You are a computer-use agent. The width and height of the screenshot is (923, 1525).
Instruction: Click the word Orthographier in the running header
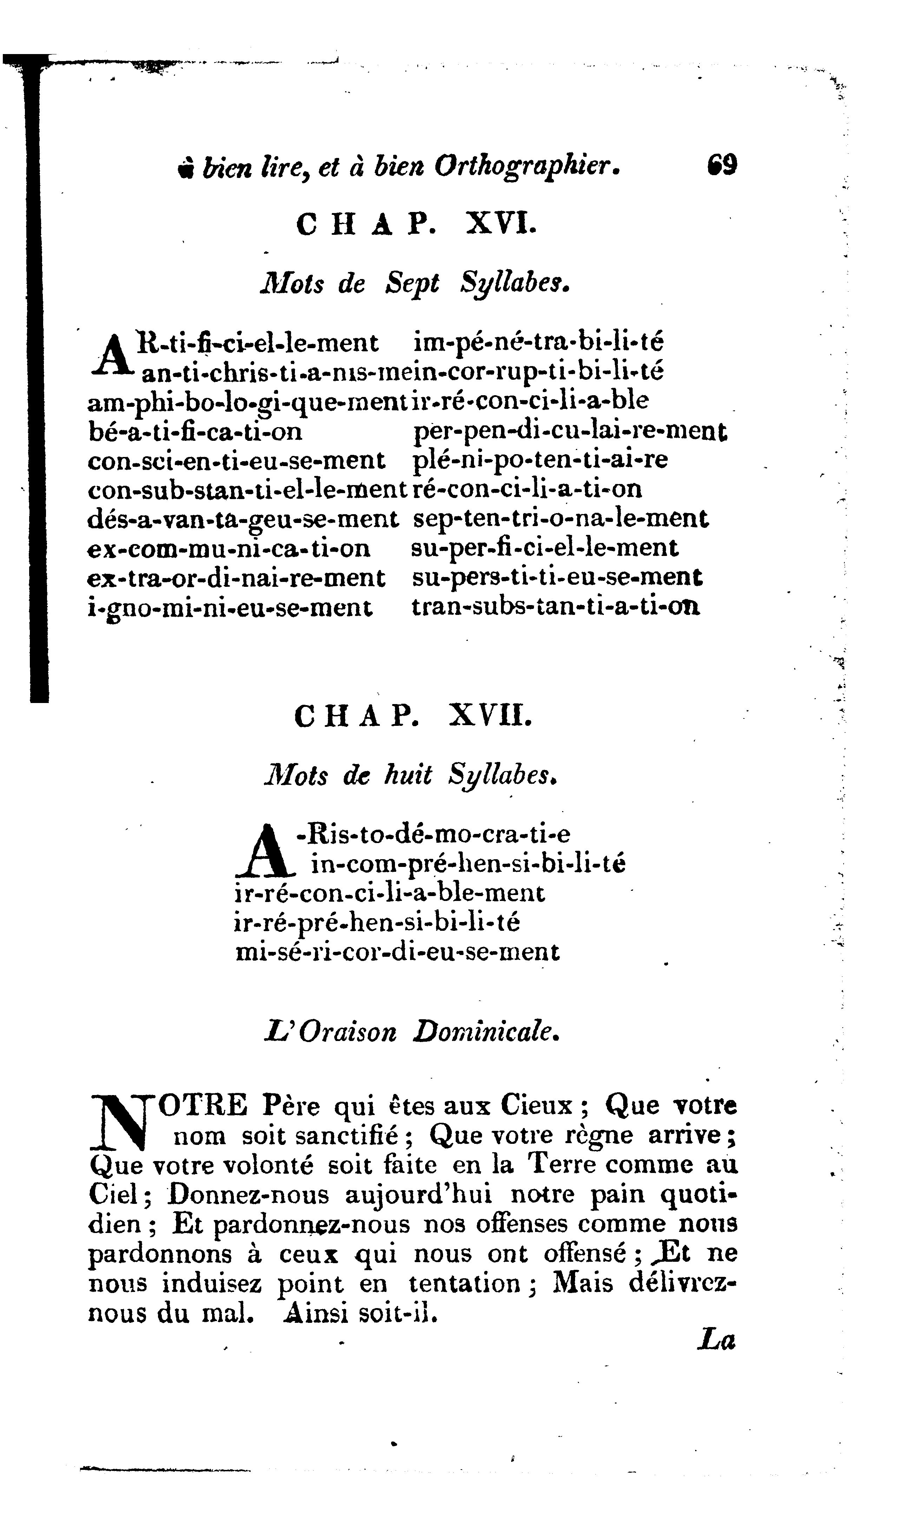coord(526,166)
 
